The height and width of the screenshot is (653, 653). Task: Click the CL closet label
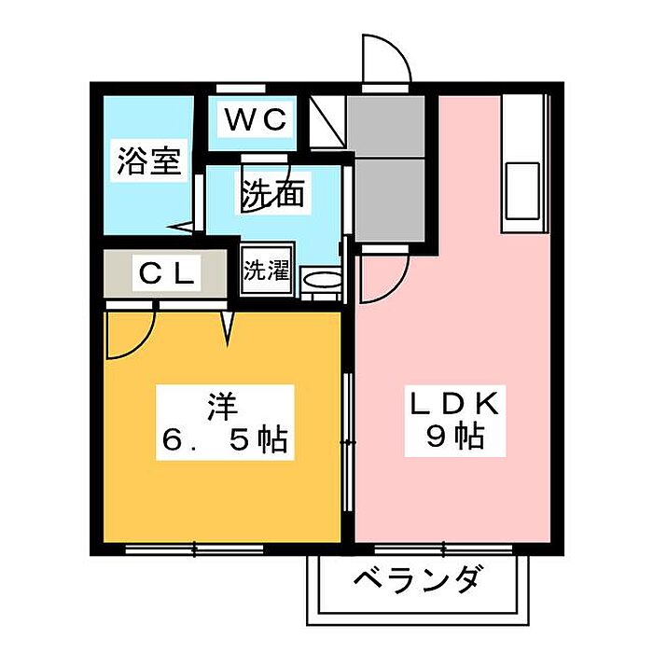pos(166,273)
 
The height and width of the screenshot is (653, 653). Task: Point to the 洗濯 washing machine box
pos(266,271)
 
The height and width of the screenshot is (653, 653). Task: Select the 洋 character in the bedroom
pos(224,408)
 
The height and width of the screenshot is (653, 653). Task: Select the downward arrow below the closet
pos(228,326)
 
